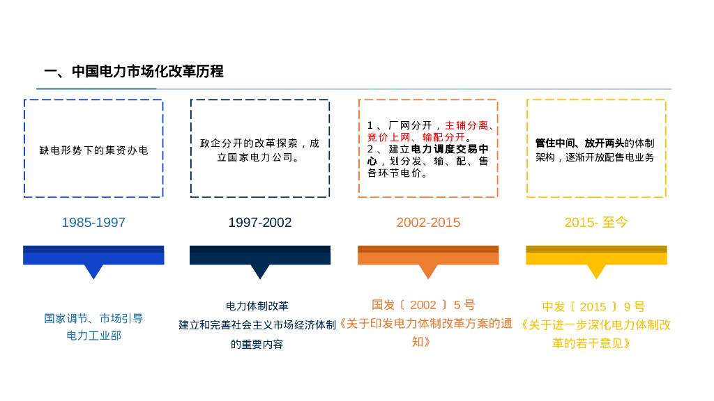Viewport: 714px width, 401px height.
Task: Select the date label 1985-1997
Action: [93, 223]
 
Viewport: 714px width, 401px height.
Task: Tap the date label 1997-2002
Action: [260, 223]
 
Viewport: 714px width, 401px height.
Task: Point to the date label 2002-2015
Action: [428, 223]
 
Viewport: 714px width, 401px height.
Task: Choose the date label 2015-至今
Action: [596, 223]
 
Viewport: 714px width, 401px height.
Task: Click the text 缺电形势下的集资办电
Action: [93, 150]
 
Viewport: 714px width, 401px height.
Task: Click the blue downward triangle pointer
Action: [93, 271]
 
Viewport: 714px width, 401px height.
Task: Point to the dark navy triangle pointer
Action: [260, 271]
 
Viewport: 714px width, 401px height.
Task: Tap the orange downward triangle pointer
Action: [428, 271]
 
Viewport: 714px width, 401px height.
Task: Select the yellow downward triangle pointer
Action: [596, 271]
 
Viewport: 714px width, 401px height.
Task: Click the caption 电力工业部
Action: [93, 336]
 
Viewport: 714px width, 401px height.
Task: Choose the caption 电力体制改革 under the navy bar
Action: [257, 306]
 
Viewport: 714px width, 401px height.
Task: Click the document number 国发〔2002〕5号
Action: [423, 305]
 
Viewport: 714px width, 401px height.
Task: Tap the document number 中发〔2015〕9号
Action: [593, 307]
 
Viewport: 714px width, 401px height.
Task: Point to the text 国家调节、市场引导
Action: [93, 318]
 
